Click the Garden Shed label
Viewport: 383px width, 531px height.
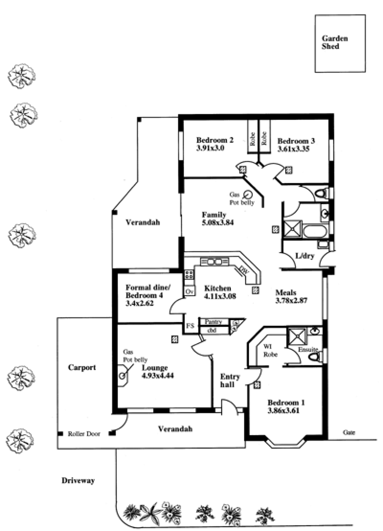point(335,42)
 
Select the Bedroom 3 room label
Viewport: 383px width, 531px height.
point(296,141)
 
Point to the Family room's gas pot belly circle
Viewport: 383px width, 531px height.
point(248,195)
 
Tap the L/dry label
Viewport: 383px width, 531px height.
point(304,256)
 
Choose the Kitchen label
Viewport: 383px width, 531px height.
point(217,289)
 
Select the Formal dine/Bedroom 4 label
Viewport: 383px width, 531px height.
point(148,291)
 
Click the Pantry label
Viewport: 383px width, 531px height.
point(213,322)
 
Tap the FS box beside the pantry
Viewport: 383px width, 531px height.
point(190,326)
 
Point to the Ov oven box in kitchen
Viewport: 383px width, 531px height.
point(189,291)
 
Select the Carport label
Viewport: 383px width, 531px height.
point(82,368)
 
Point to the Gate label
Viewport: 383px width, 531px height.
point(349,432)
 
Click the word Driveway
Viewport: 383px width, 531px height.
point(78,481)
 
